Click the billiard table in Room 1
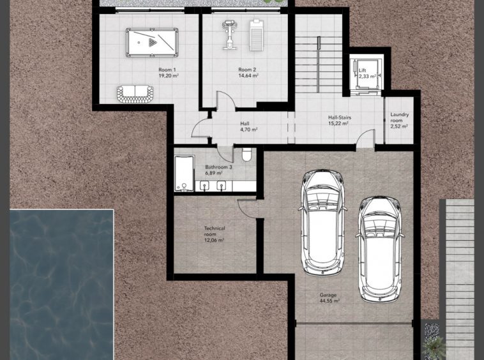click(152, 43)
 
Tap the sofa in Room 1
click(135, 94)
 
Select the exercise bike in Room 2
click(229, 35)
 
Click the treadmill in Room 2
click(255, 35)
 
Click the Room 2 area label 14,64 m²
click(248, 75)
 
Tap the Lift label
click(363, 70)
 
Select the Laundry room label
click(400, 117)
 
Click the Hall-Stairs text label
click(340, 117)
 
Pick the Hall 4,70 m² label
click(249, 126)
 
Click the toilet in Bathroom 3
click(246, 154)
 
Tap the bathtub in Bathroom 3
click(184, 174)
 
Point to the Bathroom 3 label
click(218, 167)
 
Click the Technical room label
click(215, 231)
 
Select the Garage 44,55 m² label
click(329, 297)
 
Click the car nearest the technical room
click(322, 222)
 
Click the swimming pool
click(62, 285)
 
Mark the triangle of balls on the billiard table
click(153, 42)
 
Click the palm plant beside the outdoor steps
click(433, 348)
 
